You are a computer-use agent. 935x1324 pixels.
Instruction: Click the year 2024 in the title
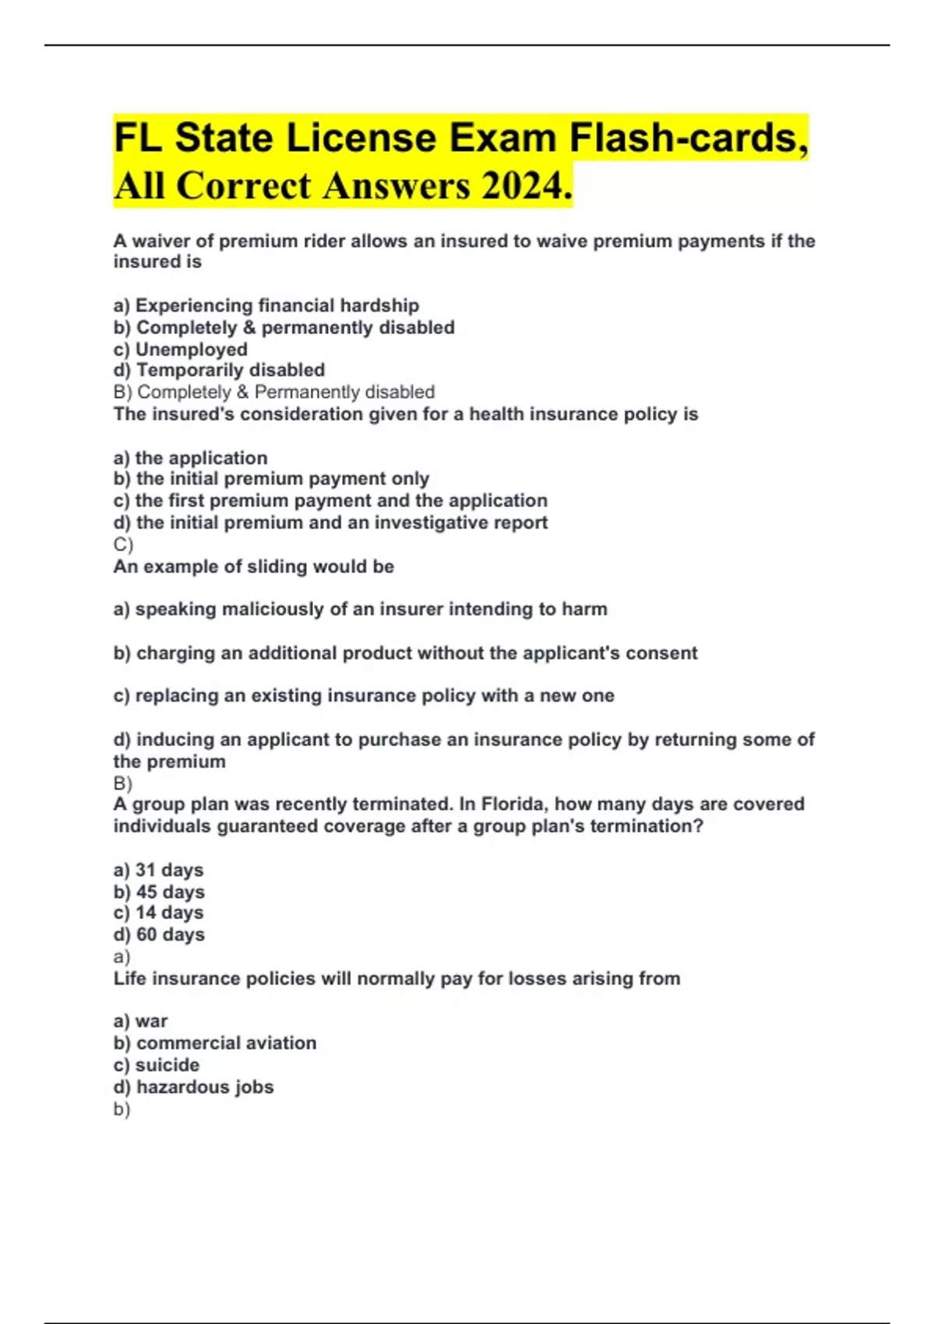click(521, 186)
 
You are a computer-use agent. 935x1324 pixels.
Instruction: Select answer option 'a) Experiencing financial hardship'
click(266, 305)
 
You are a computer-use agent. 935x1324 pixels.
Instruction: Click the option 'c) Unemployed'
click(180, 349)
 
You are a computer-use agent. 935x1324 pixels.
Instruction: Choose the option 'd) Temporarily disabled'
click(219, 370)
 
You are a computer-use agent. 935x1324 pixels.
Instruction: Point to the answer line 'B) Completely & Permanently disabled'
click(273, 392)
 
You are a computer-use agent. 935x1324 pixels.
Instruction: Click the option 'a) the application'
click(190, 458)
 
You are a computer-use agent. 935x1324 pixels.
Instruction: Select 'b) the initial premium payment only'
click(271, 479)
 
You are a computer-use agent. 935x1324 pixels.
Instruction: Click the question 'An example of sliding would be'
click(253, 566)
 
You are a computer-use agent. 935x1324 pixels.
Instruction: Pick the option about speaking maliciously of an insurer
click(360, 609)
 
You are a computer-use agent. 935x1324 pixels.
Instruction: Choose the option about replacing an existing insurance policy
click(363, 695)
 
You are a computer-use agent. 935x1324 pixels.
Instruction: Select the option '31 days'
click(158, 870)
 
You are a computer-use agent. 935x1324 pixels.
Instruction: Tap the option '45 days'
click(159, 892)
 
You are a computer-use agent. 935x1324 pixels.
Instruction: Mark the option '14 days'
click(158, 913)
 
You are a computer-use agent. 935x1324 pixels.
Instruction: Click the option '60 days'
click(159, 935)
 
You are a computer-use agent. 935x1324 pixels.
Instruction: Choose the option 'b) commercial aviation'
click(214, 1043)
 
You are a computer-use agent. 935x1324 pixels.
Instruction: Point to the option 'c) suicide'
click(156, 1065)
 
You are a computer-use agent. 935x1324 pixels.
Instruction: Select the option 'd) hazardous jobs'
click(193, 1086)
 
